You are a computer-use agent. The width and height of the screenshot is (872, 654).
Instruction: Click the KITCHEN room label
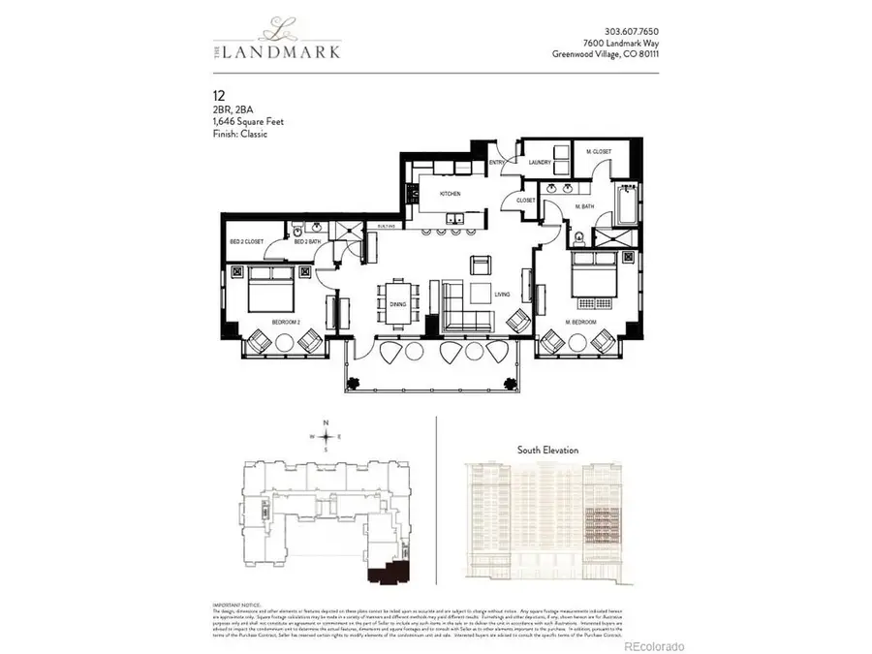452,194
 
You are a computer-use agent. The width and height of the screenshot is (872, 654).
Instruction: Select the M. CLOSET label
600,152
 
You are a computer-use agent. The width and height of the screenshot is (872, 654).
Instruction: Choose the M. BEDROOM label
581,321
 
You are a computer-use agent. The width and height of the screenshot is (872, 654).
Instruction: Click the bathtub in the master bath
623,205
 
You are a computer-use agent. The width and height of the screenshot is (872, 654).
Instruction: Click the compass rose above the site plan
327,436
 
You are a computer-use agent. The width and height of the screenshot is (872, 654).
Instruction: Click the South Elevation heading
547,450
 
